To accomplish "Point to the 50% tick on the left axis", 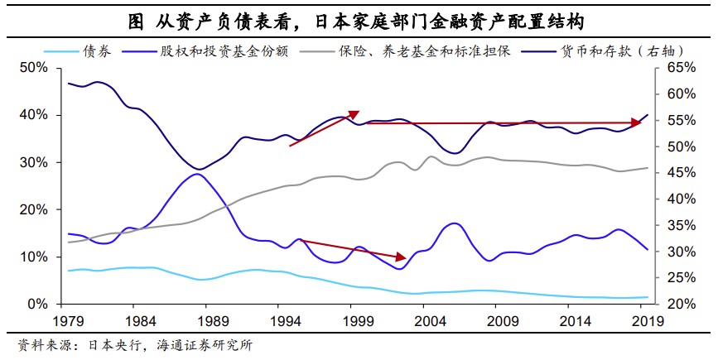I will point(36,68).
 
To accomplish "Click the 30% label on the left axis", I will point(36,163).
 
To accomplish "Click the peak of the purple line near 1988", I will point(196,173).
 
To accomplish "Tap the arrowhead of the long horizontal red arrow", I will point(640,122).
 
